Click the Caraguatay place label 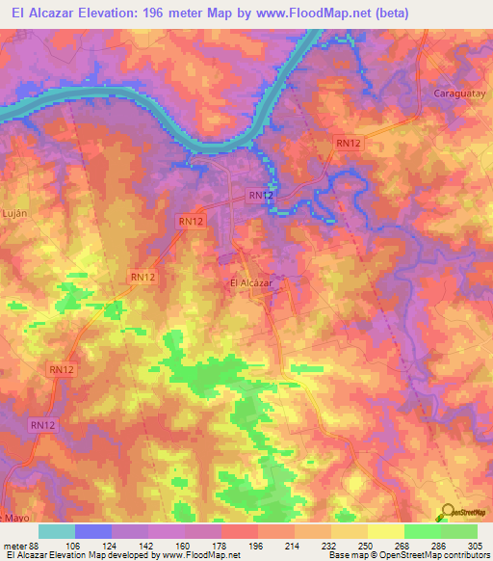454,98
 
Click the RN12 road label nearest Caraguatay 349,143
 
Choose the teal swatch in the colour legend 57,531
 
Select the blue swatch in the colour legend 93,531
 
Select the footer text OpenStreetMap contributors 433,555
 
